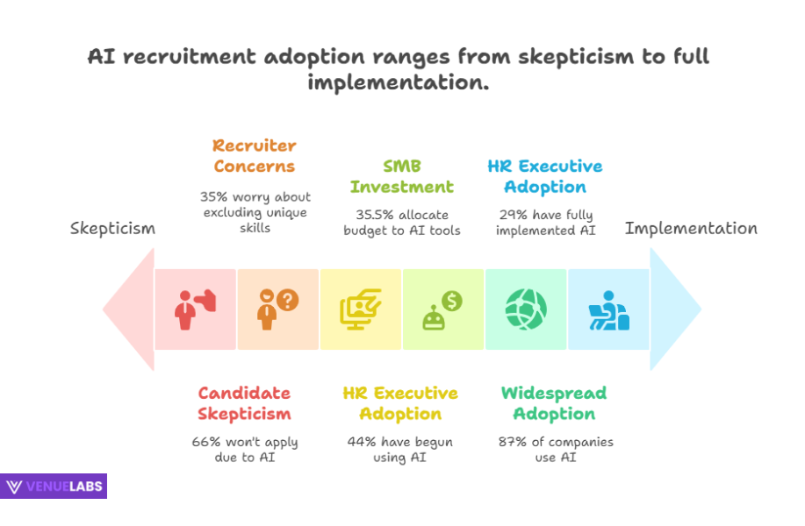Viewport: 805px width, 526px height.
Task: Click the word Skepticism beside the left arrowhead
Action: pyautogui.click(x=112, y=229)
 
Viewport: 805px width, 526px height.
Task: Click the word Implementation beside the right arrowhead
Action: pyautogui.click(x=691, y=228)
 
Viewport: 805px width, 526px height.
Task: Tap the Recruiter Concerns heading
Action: pyautogui.click(x=254, y=156)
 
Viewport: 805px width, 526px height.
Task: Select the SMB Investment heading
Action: pyautogui.click(x=401, y=176)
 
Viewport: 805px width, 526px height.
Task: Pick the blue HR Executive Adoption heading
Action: pyautogui.click(x=544, y=176)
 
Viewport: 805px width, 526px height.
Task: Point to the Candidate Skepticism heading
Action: pyautogui.click(x=244, y=403)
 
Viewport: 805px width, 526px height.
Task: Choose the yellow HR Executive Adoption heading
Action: pyautogui.click(x=400, y=403)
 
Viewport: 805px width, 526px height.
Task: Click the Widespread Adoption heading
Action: pyautogui.click(x=553, y=403)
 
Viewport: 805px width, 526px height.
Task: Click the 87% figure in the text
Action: pyautogui.click(x=514, y=442)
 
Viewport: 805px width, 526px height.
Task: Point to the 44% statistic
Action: pyautogui.click(x=363, y=442)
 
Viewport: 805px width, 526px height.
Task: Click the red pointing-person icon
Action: pyautogui.click(x=195, y=309)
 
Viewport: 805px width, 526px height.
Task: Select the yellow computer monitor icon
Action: pyautogui.click(x=360, y=309)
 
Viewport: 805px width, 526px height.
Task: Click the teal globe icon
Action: pyautogui.click(x=526, y=309)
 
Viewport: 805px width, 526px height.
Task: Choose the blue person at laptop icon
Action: pyautogui.click(x=608, y=309)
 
